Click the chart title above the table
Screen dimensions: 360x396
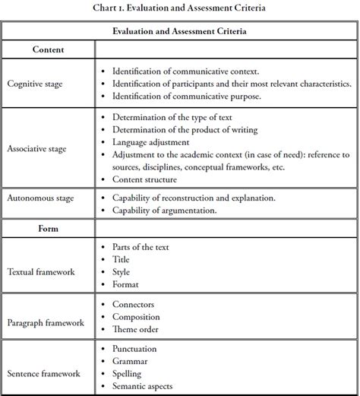pos(179,9)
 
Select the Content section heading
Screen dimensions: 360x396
pos(47,49)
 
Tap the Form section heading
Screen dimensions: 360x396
pos(47,227)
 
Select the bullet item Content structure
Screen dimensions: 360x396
pos(144,179)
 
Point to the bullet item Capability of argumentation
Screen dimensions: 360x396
pos(164,211)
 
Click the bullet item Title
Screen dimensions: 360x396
pos(122,259)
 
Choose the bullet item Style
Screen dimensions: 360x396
pos(122,271)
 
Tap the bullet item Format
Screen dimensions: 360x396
pos(125,284)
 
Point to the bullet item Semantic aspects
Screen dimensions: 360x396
pos(144,386)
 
